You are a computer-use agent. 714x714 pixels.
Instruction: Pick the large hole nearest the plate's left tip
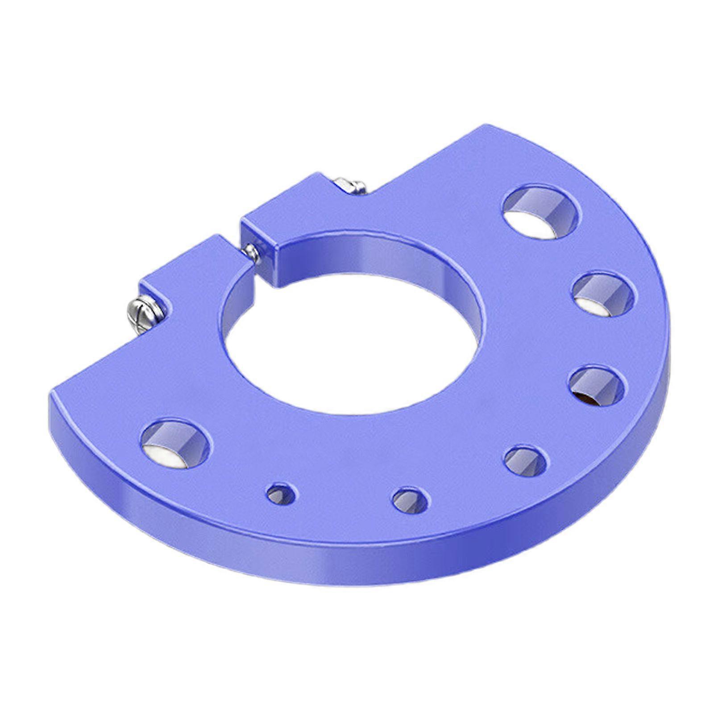coord(175,444)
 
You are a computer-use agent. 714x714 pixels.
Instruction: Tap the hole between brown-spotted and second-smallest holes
coord(525,461)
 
